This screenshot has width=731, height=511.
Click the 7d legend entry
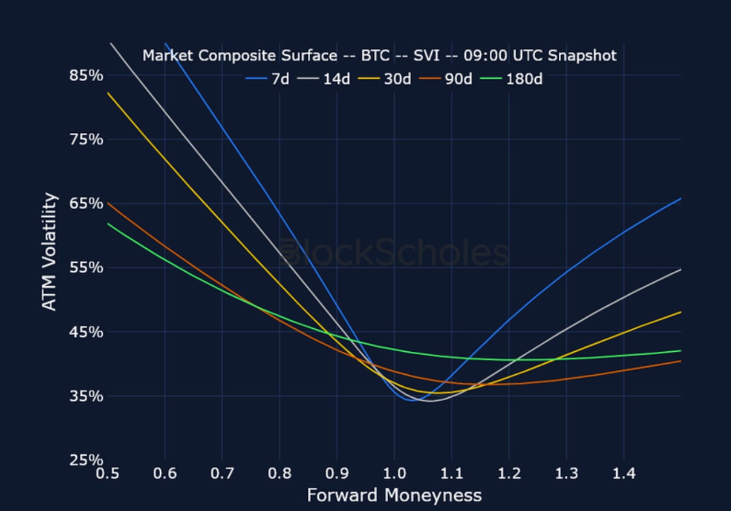267,79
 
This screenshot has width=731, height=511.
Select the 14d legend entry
324,79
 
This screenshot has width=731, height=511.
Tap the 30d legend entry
384,79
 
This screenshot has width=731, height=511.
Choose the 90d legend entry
446,79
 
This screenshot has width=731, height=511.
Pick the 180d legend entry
511,79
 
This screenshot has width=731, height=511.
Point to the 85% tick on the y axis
86,75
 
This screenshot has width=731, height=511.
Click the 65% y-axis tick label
86,203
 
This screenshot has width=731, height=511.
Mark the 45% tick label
86,332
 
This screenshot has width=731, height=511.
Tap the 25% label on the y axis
86,460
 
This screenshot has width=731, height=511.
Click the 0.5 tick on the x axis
107,474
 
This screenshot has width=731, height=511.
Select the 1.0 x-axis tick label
394,474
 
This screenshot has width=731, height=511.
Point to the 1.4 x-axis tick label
624,474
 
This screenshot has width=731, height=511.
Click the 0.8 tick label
280,474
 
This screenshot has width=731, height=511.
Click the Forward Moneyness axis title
394,495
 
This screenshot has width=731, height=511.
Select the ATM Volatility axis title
49,252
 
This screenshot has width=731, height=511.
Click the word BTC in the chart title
376,56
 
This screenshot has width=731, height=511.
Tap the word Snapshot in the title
582,56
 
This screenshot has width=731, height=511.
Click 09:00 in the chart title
485,56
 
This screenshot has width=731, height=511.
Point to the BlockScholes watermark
394,252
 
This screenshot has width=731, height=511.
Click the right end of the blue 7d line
680,198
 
